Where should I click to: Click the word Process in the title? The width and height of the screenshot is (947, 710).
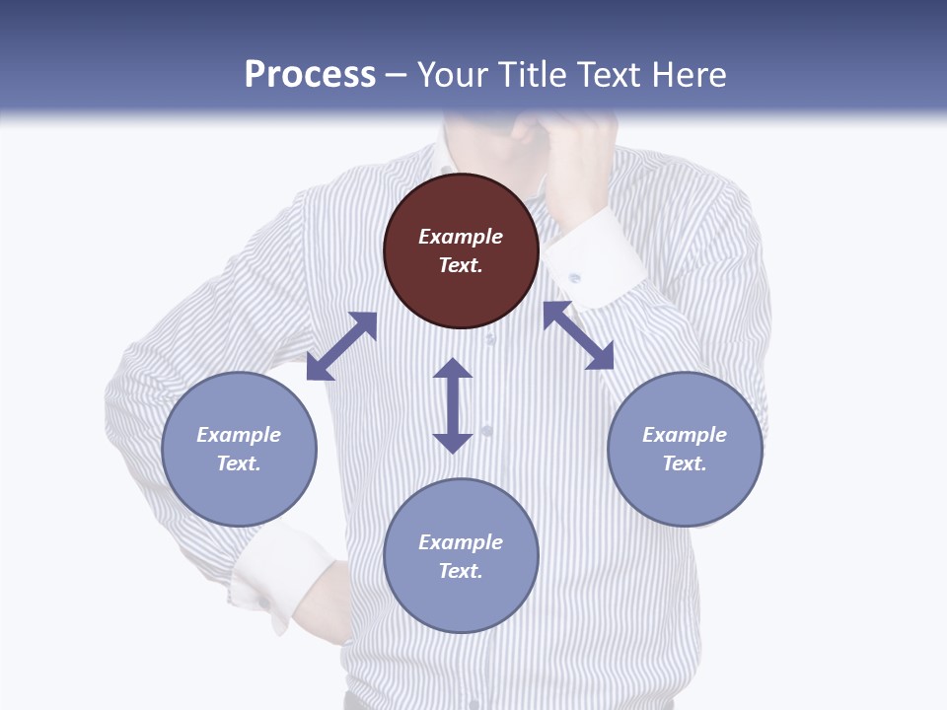coord(310,75)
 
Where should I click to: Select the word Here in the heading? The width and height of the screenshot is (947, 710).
coord(688,75)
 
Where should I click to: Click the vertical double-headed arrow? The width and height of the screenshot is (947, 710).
coord(453,405)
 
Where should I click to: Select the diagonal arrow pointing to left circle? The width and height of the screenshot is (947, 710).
coord(341,346)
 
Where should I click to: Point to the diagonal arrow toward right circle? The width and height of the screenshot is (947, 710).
coord(578,335)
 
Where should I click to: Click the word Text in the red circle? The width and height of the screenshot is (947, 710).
coord(461,265)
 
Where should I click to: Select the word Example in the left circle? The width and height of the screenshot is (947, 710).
coord(239,435)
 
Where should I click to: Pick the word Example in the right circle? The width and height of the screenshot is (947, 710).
coord(685,435)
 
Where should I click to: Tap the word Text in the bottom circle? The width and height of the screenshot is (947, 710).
coord(461,571)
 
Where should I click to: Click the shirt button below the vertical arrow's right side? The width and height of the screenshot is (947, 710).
coord(486,431)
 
